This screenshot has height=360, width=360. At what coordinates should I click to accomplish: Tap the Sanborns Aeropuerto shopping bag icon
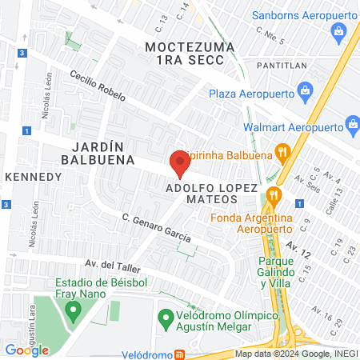pyautogui.click(x=338, y=32)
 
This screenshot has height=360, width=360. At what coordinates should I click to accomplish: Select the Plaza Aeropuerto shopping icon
pyautogui.click(x=305, y=94)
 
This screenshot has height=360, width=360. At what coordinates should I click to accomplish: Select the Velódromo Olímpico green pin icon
pyautogui.click(x=166, y=317)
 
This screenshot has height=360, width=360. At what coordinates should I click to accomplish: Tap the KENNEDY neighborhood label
pyautogui.click(x=34, y=176)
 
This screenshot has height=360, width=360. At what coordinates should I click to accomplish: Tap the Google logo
pyautogui.click(x=26, y=350)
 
